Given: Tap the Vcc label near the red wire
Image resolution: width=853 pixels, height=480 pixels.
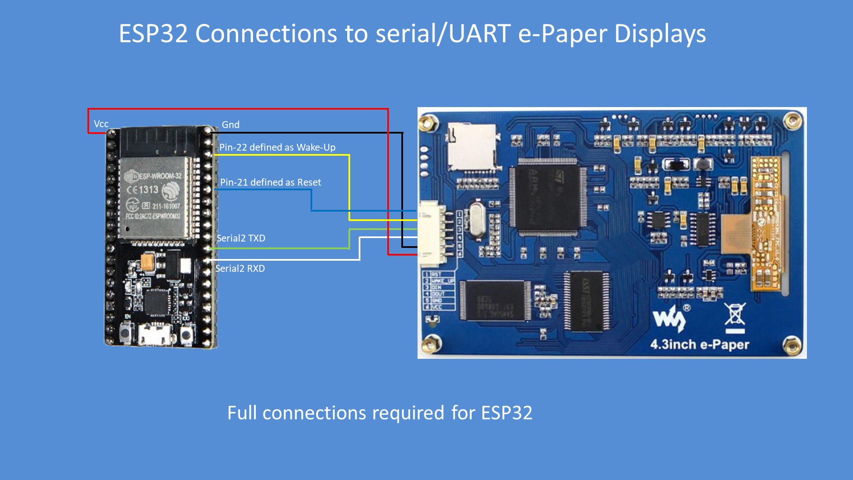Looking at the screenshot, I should pyautogui.click(x=101, y=124).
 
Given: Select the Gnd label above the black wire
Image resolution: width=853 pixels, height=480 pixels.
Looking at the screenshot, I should pyautogui.click(x=230, y=125).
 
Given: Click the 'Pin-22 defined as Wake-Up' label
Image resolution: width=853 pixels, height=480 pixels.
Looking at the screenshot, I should pyautogui.click(x=277, y=147).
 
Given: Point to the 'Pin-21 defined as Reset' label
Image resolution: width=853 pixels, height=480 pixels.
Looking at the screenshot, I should pyautogui.click(x=270, y=182).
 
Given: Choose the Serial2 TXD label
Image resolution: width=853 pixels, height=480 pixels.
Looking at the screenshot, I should pyautogui.click(x=241, y=238).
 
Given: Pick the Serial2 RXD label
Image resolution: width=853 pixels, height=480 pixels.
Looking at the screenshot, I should pyautogui.click(x=240, y=268).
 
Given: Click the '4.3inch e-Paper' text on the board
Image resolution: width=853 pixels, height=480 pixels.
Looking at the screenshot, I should pyautogui.click(x=699, y=344).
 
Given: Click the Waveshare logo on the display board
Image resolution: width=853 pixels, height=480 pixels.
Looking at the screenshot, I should pyautogui.click(x=669, y=318).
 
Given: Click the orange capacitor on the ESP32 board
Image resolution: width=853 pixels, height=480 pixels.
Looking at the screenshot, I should pyautogui.click(x=148, y=262).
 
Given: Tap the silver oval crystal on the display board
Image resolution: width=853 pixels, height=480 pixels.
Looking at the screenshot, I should pyautogui.click(x=476, y=219).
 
